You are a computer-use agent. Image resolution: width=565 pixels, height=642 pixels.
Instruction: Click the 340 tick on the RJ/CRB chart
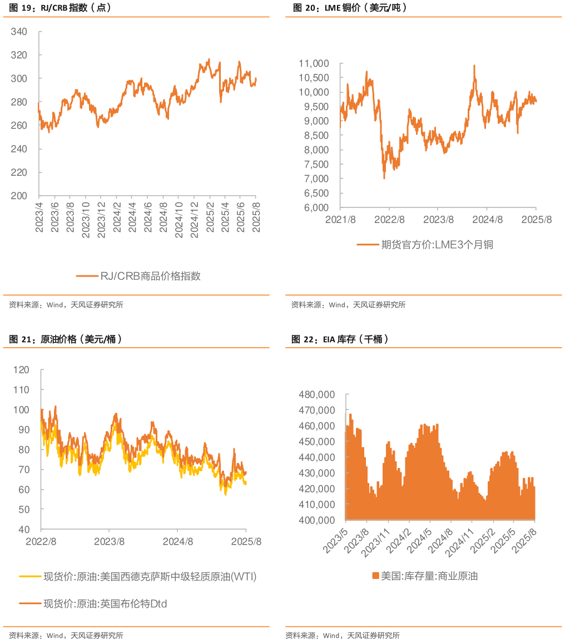pos(19,32)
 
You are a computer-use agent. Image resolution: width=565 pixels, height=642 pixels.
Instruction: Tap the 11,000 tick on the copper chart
pos(314,63)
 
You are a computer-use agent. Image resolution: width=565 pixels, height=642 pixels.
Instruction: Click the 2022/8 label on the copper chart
pos(389,219)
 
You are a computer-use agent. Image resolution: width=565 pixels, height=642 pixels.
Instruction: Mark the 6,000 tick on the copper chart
pos(316,208)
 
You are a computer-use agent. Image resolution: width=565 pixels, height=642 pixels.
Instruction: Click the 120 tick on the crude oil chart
pos(21,370)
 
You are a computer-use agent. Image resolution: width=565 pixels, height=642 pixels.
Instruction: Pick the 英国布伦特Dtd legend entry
pos(105,603)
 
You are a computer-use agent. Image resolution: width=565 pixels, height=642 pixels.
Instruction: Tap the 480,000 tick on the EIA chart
pos(318,394)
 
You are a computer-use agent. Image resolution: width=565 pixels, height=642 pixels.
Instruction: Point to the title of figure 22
pos(340,339)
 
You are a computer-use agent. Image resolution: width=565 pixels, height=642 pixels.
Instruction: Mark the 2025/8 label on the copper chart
pos(537,219)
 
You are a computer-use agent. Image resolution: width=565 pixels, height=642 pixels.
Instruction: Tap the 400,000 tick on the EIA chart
pos(318,520)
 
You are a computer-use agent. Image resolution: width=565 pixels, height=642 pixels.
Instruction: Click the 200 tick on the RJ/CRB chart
pos(19,196)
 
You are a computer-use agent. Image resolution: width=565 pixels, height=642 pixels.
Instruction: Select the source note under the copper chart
pos(348,305)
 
